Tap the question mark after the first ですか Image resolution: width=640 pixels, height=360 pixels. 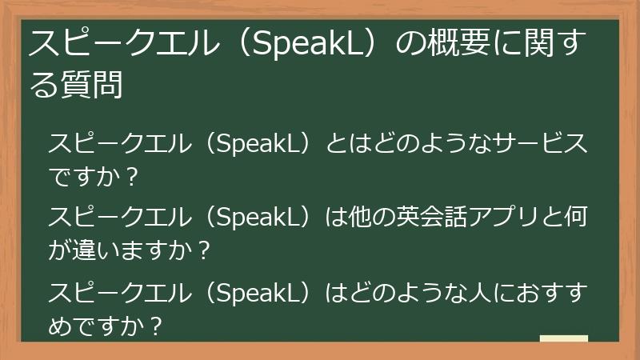click(x=133, y=176)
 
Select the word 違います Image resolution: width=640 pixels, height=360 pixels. click(x=120, y=250)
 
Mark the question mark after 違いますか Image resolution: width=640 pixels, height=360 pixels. click(x=203, y=250)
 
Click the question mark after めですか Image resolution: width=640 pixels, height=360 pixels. click(x=157, y=324)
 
